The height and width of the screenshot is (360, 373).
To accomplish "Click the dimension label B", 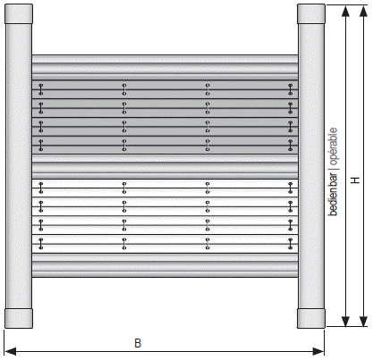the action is click(x=138, y=343).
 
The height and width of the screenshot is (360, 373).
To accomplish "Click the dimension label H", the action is click(x=355, y=180).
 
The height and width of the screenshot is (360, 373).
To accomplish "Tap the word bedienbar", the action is click(x=333, y=195).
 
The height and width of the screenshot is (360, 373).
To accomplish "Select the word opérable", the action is click(x=334, y=147).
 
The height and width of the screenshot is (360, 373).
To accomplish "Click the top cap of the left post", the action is click(x=19, y=14).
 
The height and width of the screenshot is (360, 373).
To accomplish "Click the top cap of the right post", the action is click(x=311, y=14).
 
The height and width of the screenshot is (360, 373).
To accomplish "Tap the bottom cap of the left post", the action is click(x=19, y=318).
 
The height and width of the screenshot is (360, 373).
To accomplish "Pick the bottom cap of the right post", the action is click(x=311, y=318).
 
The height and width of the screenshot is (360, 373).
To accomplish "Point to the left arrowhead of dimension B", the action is click(x=11, y=351).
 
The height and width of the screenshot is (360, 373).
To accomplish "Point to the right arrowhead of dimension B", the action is click(x=318, y=351).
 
